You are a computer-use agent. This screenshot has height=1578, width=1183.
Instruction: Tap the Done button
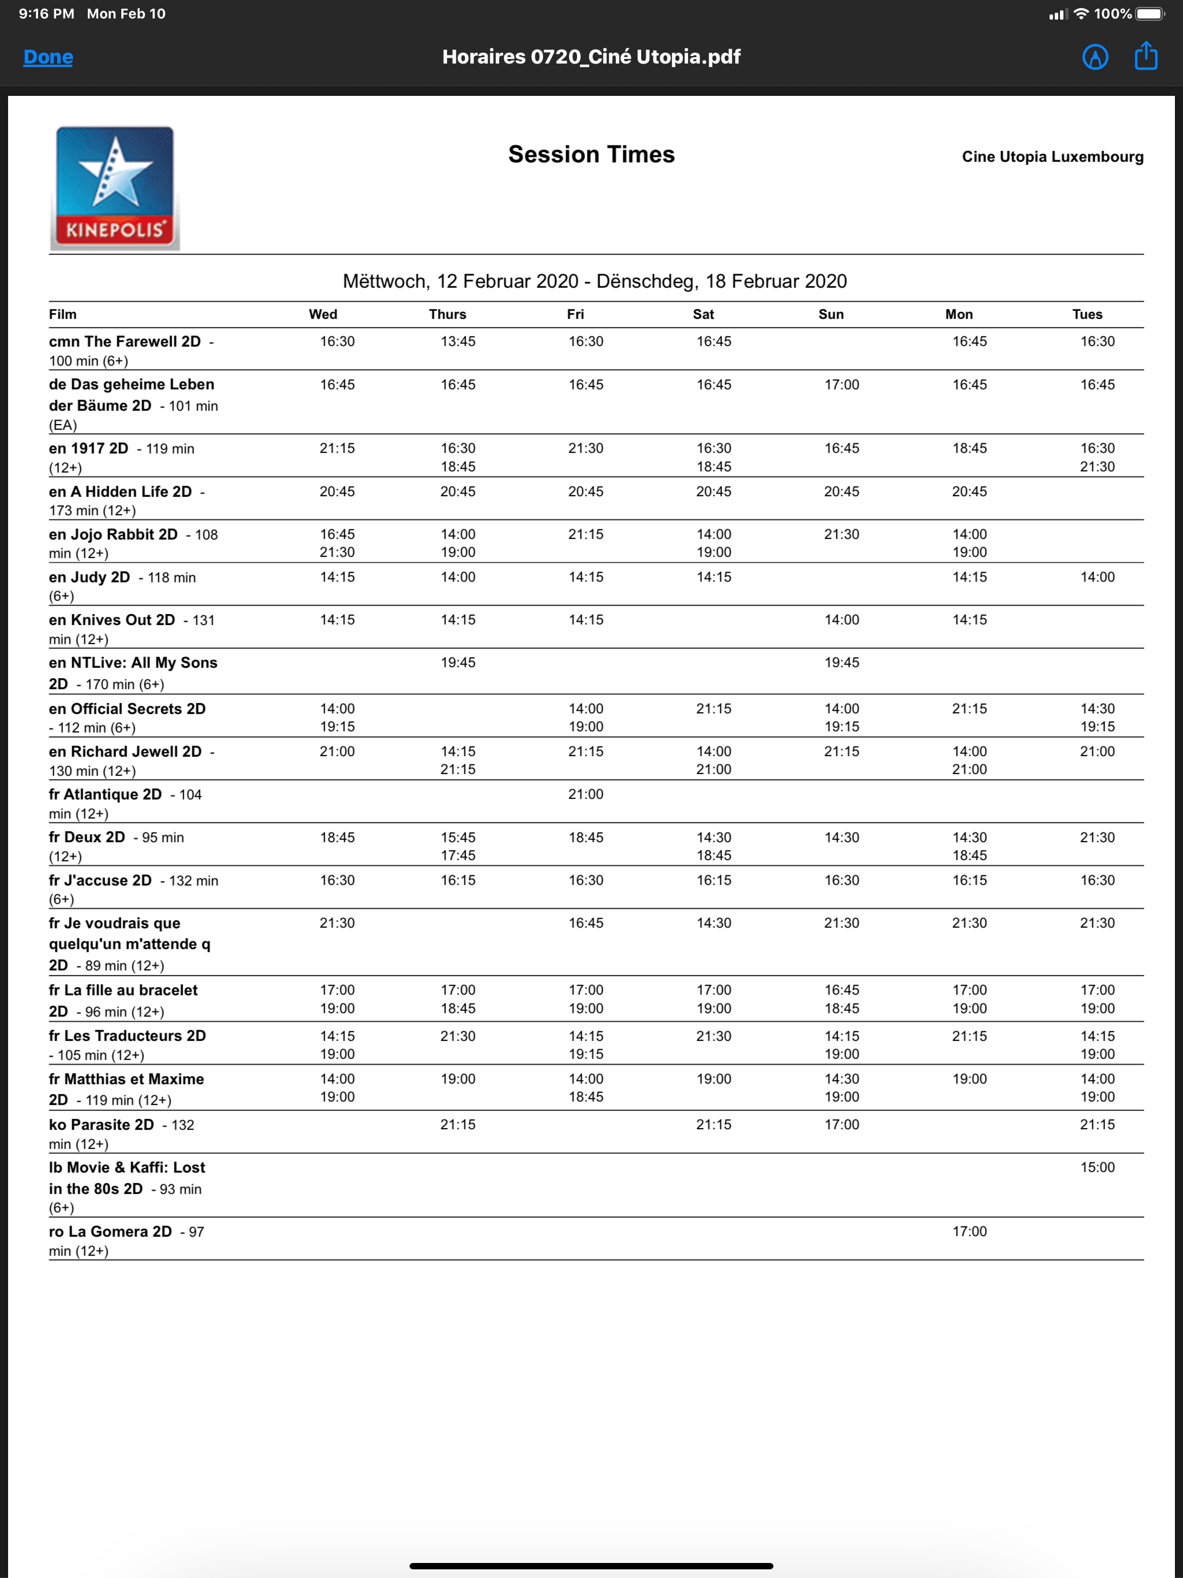(x=48, y=57)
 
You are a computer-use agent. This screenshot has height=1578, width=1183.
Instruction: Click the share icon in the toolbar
(x=1145, y=57)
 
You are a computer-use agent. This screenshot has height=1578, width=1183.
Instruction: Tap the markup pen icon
(x=1095, y=57)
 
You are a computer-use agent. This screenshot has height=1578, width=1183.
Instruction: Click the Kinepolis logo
(x=115, y=188)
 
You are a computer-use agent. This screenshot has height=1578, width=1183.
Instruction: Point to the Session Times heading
(x=591, y=155)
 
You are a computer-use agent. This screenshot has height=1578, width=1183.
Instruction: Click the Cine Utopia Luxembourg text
(x=1052, y=157)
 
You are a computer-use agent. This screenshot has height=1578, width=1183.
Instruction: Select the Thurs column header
(x=447, y=315)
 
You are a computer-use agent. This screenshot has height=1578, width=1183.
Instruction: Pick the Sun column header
(x=831, y=315)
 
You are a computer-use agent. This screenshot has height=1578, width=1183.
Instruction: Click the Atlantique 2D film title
(x=106, y=795)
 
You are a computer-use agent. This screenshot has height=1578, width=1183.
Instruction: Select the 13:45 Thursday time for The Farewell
(x=457, y=342)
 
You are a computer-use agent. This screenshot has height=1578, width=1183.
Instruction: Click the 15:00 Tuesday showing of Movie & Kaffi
(x=1097, y=1168)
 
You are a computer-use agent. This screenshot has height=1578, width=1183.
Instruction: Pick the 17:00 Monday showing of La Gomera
(x=969, y=1232)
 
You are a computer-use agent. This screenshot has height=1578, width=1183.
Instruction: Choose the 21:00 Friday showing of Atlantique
(x=585, y=795)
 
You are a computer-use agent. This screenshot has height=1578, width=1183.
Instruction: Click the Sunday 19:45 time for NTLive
(x=841, y=663)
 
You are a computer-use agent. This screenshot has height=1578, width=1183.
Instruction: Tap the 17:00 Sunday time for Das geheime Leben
(x=841, y=385)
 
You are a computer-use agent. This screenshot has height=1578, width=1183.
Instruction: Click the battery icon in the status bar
(x=1149, y=13)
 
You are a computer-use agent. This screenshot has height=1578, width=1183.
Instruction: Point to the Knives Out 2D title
(x=112, y=620)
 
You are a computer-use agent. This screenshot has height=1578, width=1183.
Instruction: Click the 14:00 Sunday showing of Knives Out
(x=841, y=620)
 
